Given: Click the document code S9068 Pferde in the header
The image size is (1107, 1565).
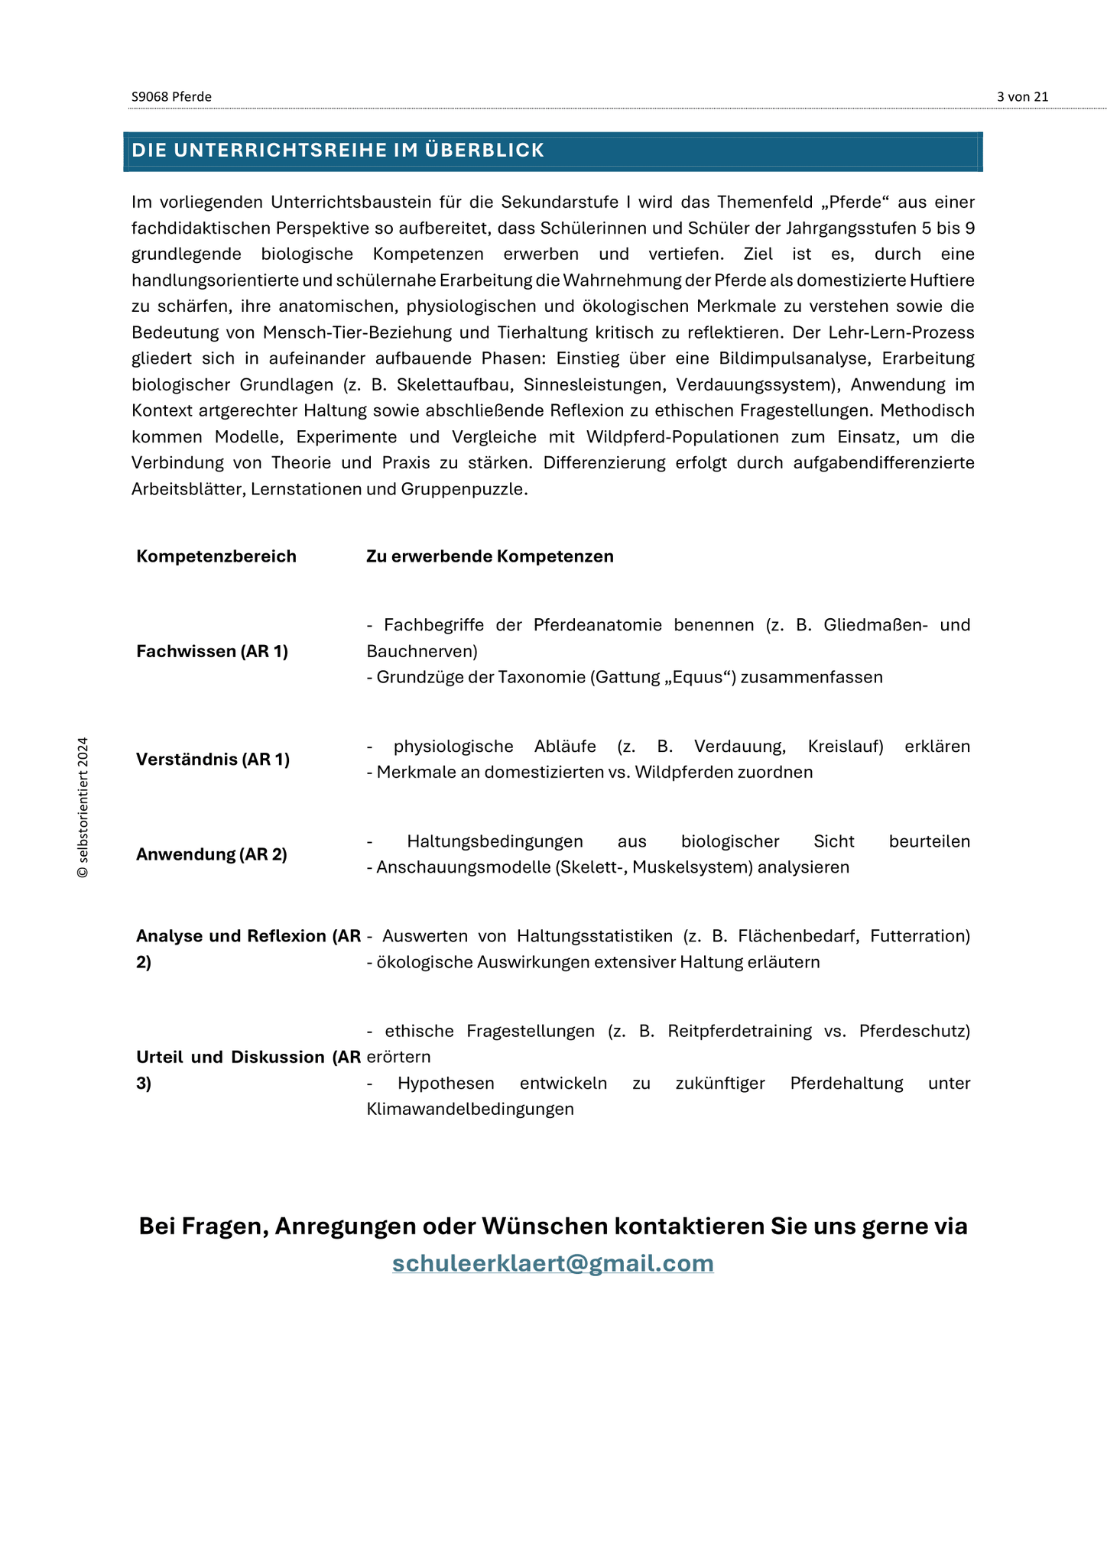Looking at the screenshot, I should (x=171, y=96).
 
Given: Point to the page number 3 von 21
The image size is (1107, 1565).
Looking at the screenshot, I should (x=1022, y=96).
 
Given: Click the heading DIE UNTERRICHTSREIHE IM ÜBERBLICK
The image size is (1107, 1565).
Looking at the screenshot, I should (x=338, y=151).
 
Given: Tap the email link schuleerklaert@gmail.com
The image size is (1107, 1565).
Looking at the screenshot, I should (x=553, y=1262).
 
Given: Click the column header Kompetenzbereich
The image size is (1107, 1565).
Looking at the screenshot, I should (x=216, y=556).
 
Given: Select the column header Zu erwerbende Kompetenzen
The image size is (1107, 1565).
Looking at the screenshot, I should (x=489, y=556).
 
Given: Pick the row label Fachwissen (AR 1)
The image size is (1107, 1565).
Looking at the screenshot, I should (x=212, y=651).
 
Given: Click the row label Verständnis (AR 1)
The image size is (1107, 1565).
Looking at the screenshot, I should (x=213, y=759).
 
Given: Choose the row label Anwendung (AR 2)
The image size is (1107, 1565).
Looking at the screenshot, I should (x=211, y=854).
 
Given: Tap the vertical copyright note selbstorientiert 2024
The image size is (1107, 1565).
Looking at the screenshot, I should (x=83, y=807).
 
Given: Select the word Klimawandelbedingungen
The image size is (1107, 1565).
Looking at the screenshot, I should (x=469, y=1109).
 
